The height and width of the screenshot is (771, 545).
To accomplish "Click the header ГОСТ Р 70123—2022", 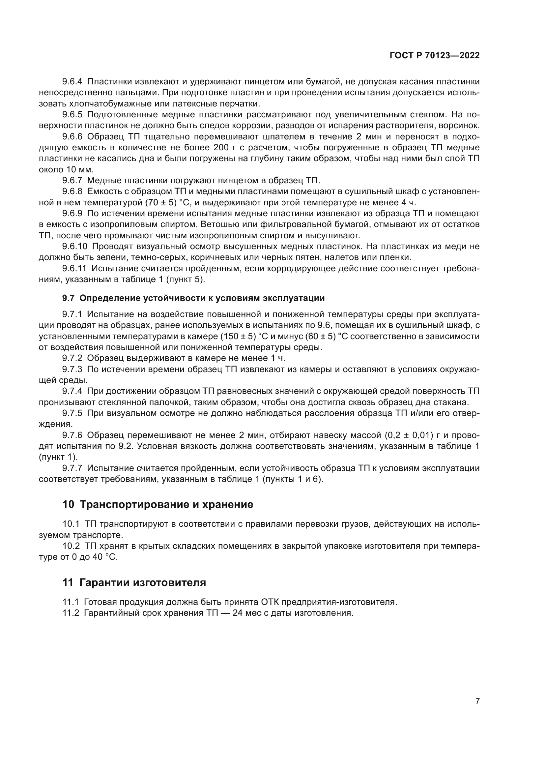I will click(x=435, y=56).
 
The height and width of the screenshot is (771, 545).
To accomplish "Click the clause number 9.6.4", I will click(x=72, y=82).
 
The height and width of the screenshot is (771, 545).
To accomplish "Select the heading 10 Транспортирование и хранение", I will click(x=158, y=504).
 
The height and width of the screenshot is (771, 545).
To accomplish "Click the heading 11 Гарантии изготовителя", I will click(x=134, y=582).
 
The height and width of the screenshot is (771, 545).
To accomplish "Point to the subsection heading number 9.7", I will click(x=69, y=298).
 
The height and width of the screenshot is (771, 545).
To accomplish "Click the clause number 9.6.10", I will click(x=74, y=247).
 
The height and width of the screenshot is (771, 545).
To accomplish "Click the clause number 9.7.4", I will click(x=72, y=391).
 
